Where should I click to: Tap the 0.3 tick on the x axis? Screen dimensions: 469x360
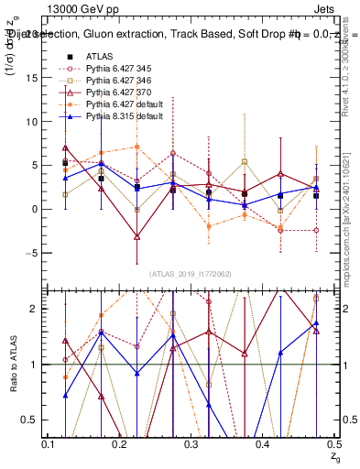coord(191,443)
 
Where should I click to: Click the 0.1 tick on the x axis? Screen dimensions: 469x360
coord(48,443)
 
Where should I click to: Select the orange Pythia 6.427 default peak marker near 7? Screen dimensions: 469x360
coord(136,147)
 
